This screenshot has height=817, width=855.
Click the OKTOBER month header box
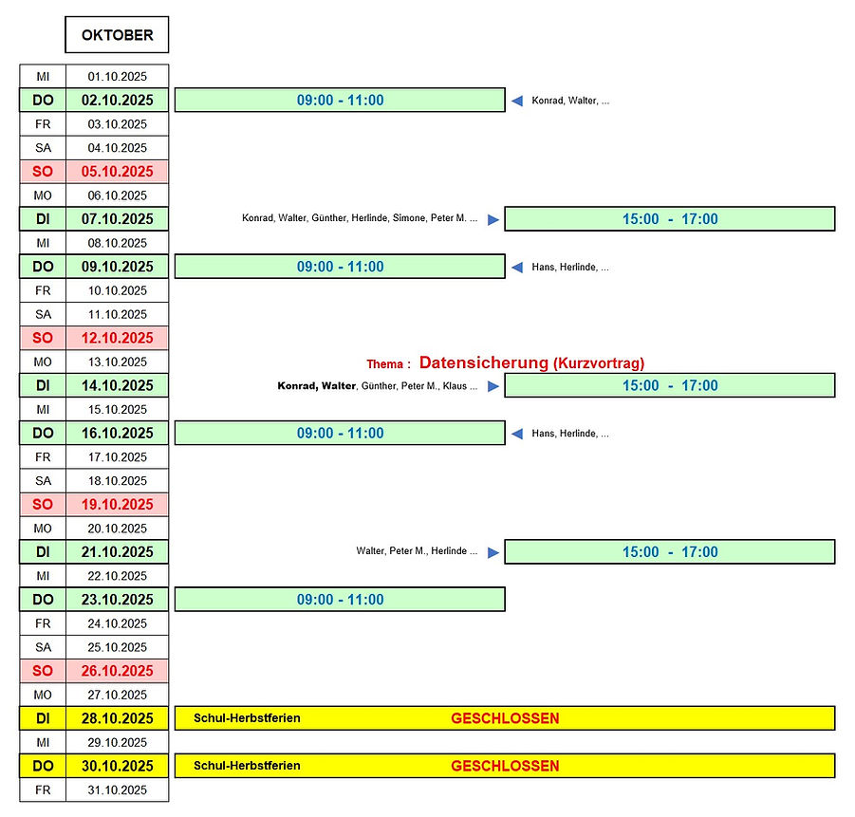[117, 35]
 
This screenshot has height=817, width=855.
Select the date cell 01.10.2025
[117, 76]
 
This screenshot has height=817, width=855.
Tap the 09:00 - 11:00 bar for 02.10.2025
[340, 101]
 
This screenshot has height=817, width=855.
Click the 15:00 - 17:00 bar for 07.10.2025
[669, 219]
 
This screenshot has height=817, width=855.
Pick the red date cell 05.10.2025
[117, 172]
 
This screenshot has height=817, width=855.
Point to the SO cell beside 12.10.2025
[43, 338]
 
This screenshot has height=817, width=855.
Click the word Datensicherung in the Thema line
[483, 362]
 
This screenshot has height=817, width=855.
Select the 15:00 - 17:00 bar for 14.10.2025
[669, 385]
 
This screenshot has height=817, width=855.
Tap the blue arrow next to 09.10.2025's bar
[517, 268]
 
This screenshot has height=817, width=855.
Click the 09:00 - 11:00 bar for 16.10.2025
[340, 434]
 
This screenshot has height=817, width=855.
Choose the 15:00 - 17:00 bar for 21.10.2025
[669, 552]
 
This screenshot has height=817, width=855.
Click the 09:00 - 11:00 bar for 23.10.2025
[340, 600]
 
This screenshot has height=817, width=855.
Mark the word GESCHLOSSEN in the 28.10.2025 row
[505, 718]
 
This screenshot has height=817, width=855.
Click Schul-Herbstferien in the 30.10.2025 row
[247, 766]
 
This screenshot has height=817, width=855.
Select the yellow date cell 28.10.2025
[117, 718]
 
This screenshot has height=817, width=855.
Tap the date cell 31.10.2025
[117, 789]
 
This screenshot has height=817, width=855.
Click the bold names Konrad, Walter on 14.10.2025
[316, 386]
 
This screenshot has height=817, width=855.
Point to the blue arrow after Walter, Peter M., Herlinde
[493, 552]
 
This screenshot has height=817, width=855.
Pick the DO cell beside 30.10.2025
[43, 766]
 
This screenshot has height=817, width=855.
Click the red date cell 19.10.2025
[117, 505]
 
